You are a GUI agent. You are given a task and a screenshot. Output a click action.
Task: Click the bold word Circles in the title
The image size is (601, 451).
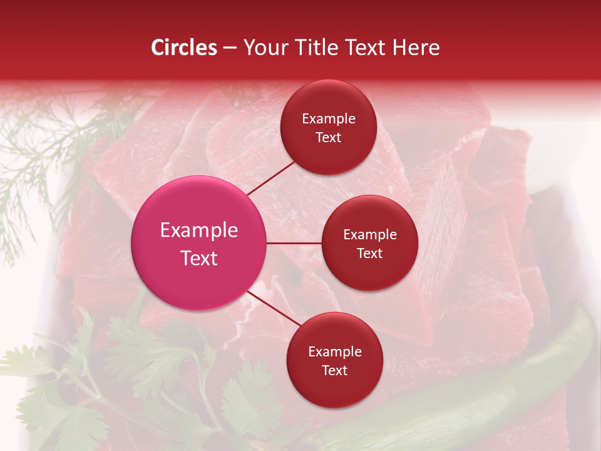(x=183, y=48)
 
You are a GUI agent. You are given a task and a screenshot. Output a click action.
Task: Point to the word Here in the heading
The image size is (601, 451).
(x=416, y=48)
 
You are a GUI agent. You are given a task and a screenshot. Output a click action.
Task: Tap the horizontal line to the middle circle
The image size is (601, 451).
(x=294, y=243)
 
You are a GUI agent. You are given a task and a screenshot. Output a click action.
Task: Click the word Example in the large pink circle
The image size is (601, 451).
(x=199, y=231)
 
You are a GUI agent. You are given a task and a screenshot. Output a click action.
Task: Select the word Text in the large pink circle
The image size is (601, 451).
(x=199, y=258)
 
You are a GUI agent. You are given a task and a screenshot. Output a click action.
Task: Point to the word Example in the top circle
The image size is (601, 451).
(x=329, y=119)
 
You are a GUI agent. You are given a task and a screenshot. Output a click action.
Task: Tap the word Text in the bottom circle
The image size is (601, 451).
(x=334, y=370)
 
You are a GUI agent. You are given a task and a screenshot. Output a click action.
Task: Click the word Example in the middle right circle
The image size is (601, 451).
(x=370, y=235)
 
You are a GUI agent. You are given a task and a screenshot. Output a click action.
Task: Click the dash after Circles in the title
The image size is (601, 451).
(x=230, y=48)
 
